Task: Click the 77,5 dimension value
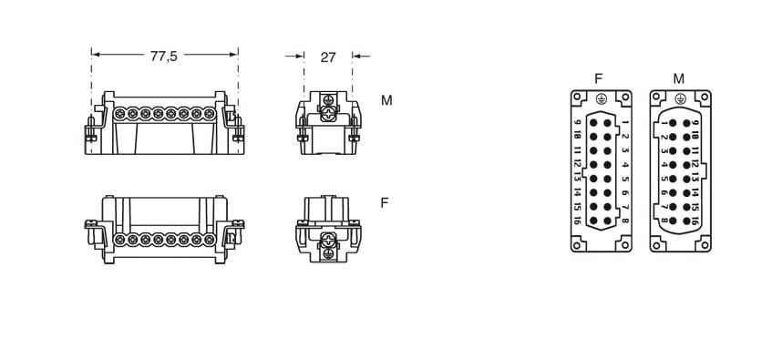(x=164, y=57)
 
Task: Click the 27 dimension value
(x=328, y=57)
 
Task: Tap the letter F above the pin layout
(x=599, y=78)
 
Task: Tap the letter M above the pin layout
(x=679, y=78)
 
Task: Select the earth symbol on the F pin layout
(x=600, y=98)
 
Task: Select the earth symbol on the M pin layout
(x=680, y=98)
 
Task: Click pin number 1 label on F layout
(x=625, y=122)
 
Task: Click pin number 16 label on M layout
(x=695, y=221)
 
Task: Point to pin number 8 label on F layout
(x=625, y=221)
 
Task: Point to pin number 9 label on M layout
(x=695, y=123)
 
